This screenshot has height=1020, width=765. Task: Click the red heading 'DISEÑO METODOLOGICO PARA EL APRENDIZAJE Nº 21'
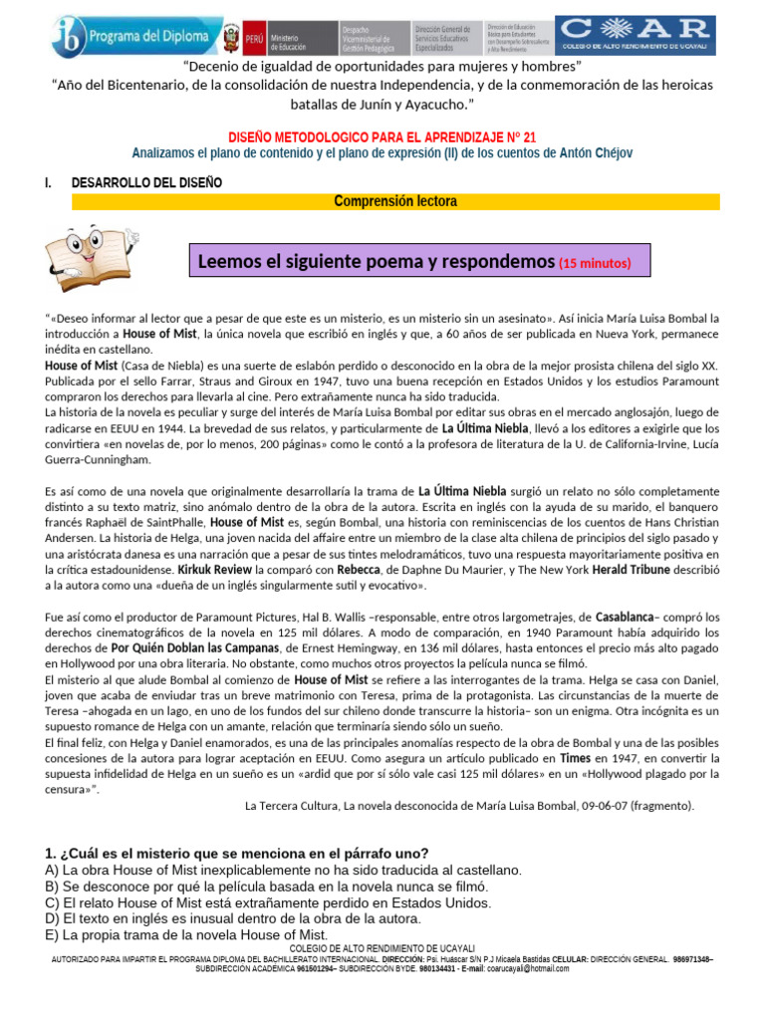point(382,136)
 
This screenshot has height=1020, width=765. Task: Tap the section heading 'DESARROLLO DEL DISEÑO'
point(146,182)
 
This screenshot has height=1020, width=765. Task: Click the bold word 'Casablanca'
point(624,618)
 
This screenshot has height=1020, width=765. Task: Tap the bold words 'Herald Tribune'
point(633,571)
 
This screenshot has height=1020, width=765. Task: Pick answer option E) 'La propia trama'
point(186,934)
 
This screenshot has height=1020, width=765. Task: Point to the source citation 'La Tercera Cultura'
point(469,805)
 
